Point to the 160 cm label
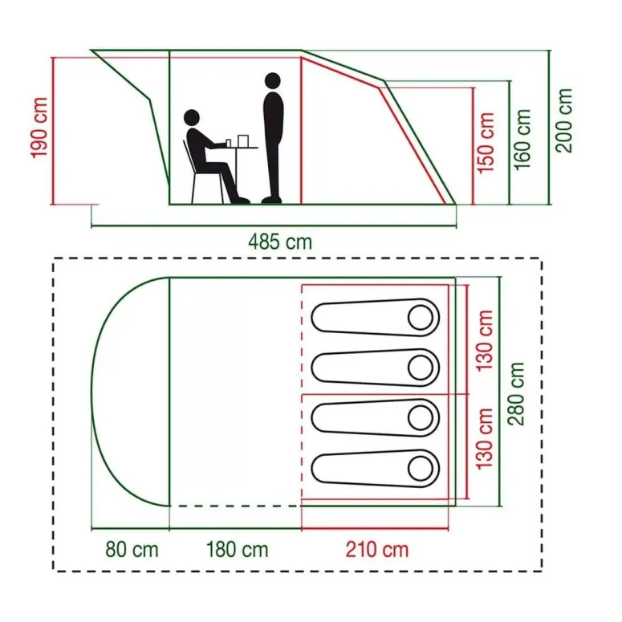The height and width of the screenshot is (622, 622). pos(522,138)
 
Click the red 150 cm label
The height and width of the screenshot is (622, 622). pos(486,143)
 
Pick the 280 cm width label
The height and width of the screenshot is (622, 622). pos(518,394)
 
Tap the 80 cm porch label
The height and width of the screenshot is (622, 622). pos(132,550)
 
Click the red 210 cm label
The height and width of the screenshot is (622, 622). pos(377,550)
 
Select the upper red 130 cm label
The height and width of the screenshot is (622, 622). pos(483,340)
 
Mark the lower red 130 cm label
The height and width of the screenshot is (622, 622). pos(483,438)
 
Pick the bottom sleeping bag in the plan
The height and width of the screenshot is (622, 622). pos(375,468)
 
